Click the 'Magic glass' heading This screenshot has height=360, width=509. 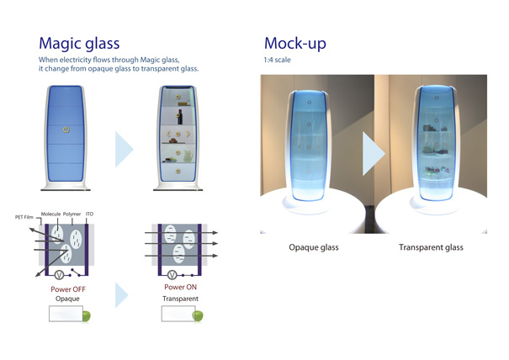point(79,44)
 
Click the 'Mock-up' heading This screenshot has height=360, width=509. point(295,43)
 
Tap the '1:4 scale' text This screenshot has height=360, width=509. point(278,60)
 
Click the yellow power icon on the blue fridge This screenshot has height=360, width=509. point(66,130)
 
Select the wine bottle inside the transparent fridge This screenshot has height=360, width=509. point(179,117)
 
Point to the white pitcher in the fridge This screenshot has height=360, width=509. point(188,156)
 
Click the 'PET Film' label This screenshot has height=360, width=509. point(24,217)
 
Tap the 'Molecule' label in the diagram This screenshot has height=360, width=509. point(50,214)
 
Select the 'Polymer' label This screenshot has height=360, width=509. point(72,214)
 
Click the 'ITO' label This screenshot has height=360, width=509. point(89,214)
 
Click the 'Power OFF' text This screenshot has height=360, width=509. point(68,289)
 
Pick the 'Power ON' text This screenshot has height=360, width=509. point(181,287)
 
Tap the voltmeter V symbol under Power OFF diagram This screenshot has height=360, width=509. point(59,275)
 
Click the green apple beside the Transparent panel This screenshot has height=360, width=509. point(198,315)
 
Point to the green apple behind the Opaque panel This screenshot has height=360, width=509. point(87,316)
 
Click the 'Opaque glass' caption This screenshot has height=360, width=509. point(314,247)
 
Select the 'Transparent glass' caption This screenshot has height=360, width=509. point(431,247)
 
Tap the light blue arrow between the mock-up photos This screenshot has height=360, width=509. point(374,154)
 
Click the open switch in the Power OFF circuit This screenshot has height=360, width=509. point(76,273)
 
